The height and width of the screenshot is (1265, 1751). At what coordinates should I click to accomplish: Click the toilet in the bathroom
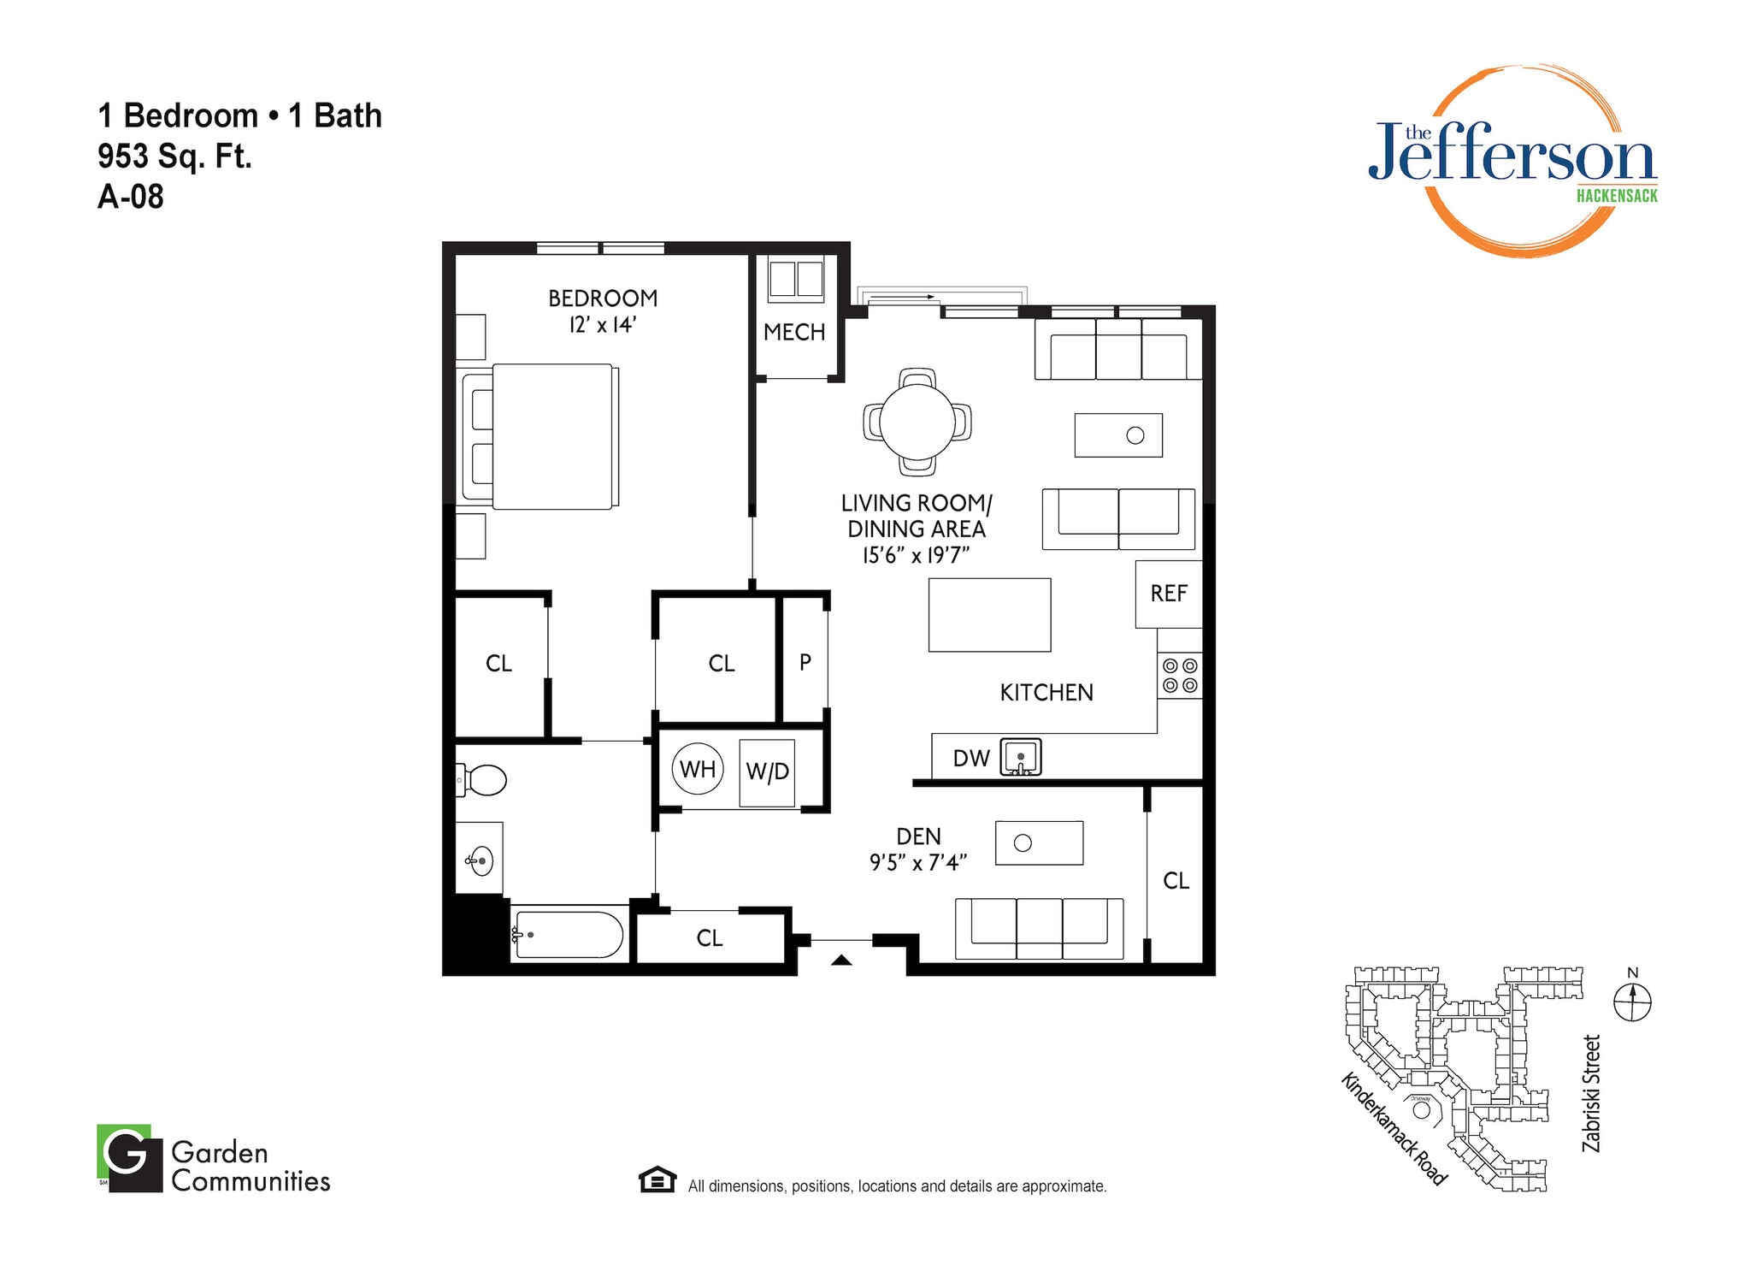tap(483, 780)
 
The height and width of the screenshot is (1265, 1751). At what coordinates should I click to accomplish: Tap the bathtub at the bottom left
tap(567, 935)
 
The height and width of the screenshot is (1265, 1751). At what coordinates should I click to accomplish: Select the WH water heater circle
tap(698, 769)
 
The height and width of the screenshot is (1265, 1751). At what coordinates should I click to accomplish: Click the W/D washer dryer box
tap(767, 771)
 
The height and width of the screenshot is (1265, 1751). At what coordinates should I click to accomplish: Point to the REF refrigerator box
tap(1168, 594)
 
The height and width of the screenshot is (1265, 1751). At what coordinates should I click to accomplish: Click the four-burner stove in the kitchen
tap(1180, 676)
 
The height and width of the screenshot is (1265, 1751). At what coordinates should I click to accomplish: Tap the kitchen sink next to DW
tap(1021, 757)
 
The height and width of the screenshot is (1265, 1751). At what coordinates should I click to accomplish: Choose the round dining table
tap(917, 422)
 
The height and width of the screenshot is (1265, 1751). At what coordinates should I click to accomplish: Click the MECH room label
tap(794, 332)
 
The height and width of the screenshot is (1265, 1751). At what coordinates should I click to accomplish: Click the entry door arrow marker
tap(841, 961)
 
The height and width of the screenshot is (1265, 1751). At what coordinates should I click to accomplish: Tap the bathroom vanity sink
tap(480, 860)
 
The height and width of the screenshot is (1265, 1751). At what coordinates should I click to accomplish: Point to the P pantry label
tap(805, 661)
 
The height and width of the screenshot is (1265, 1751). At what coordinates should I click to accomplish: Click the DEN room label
tap(918, 836)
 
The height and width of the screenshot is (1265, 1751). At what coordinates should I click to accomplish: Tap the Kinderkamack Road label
tap(1394, 1129)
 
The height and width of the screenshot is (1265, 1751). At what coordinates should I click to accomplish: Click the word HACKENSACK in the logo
tap(1617, 196)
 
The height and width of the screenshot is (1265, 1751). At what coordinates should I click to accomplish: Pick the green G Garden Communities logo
tap(129, 1157)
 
